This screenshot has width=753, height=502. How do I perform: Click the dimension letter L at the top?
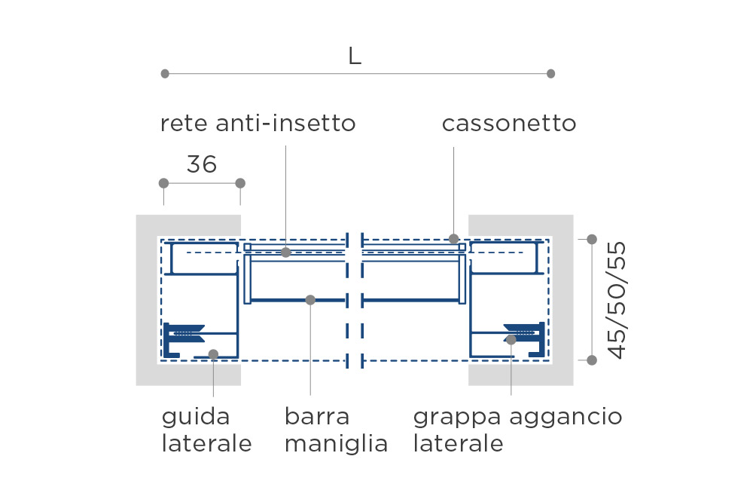coord(355,57)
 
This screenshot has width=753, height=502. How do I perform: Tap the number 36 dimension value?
coord(202,164)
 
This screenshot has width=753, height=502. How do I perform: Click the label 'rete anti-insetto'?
coord(258,123)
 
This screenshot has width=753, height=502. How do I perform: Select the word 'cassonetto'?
coord(509,123)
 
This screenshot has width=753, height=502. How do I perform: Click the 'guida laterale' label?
coord(206,430)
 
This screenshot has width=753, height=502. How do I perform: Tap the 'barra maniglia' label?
coord(336,430)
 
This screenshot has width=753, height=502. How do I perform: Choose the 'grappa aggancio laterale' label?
coord(518,430)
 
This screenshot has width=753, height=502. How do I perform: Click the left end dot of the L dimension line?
coord(165,74)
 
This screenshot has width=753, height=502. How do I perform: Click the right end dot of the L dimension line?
coord(551,74)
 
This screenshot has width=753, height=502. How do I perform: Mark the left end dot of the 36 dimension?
coord(163,183)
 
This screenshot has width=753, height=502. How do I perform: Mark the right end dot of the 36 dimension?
coord(241,183)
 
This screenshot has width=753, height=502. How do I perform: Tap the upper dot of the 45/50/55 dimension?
coord(592,239)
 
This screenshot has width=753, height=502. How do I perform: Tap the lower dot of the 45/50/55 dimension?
coord(592,360)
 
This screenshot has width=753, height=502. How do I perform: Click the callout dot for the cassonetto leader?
coord(454,239)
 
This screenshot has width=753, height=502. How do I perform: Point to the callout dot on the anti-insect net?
coord(285,253)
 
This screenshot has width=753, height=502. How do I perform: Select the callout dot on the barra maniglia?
coord(310,300)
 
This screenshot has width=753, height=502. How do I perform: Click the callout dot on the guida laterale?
coord(213,354)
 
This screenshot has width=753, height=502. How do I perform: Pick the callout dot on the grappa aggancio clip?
coord(511,339)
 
